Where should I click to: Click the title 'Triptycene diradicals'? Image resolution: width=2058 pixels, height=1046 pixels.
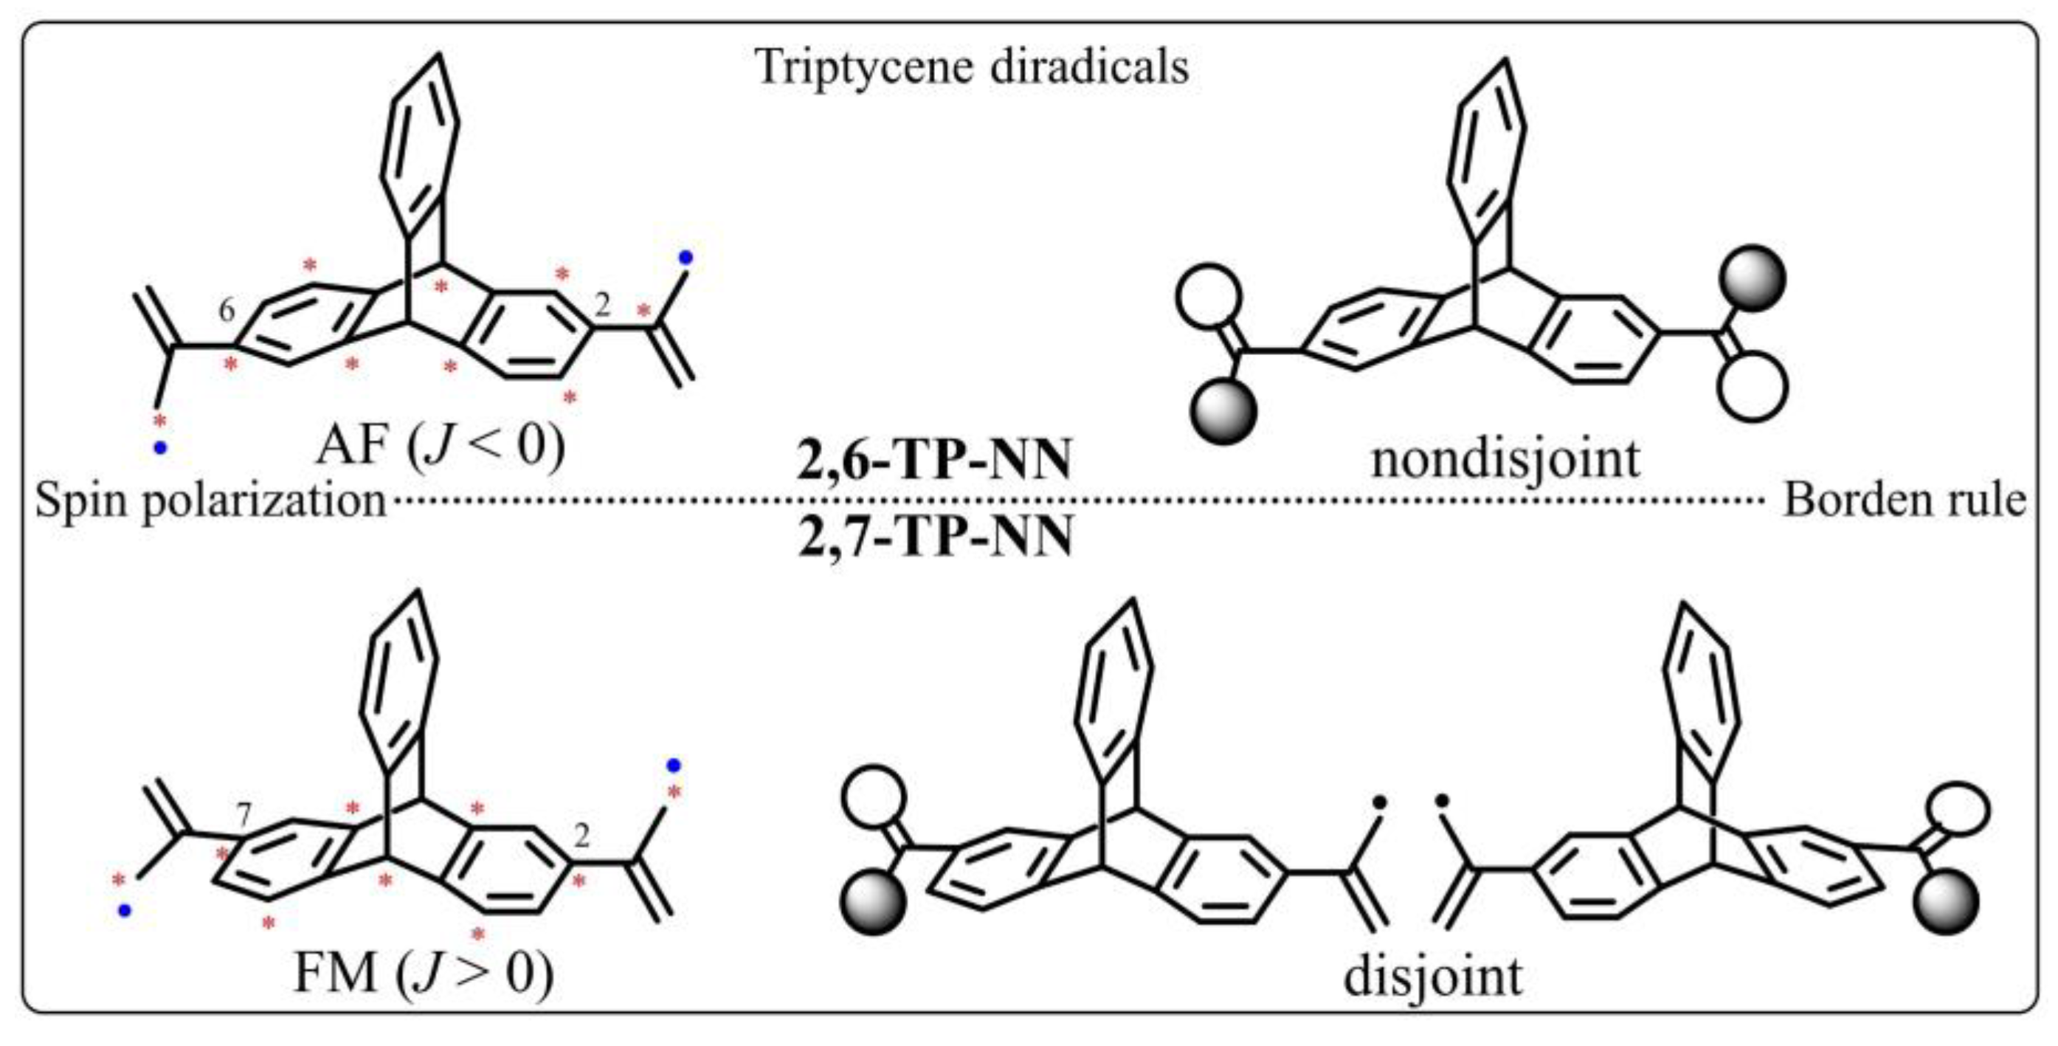coord(973,67)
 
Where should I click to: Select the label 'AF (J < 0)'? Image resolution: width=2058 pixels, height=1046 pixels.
coord(441,446)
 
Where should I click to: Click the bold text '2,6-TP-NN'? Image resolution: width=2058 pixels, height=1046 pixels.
coord(934,462)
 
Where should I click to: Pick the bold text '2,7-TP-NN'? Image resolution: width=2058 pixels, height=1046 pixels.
coord(936,536)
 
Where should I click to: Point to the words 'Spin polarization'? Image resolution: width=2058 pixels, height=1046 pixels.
coord(211,502)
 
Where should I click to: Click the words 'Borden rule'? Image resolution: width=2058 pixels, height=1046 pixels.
coord(1905,502)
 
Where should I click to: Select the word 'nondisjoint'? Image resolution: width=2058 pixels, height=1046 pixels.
coord(1506,458)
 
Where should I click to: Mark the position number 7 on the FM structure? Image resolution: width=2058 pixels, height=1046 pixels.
coord(244,816)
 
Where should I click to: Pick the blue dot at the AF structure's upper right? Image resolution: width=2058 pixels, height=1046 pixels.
coord(686,258)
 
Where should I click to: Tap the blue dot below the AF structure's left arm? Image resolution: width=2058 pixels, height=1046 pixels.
coord(161,448)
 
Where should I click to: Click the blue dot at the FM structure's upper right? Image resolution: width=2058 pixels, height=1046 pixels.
coord(674,765)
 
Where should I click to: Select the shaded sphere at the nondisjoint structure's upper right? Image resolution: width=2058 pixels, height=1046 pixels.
coord(1753,279)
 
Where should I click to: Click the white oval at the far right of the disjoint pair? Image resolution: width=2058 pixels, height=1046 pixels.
coord(1956,808)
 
